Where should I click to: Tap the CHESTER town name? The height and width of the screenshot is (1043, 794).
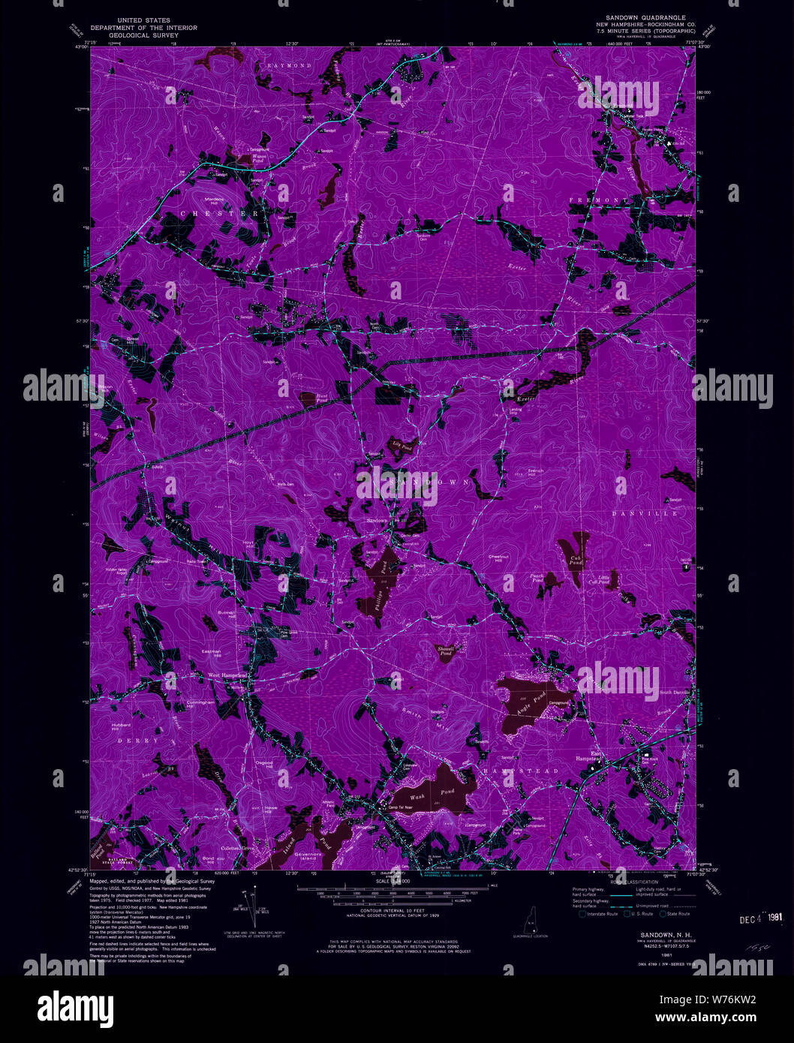tap(218, 214)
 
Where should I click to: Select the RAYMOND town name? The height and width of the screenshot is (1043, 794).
tap(290, 66)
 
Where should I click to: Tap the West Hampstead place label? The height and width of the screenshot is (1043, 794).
tap(227, 675)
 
